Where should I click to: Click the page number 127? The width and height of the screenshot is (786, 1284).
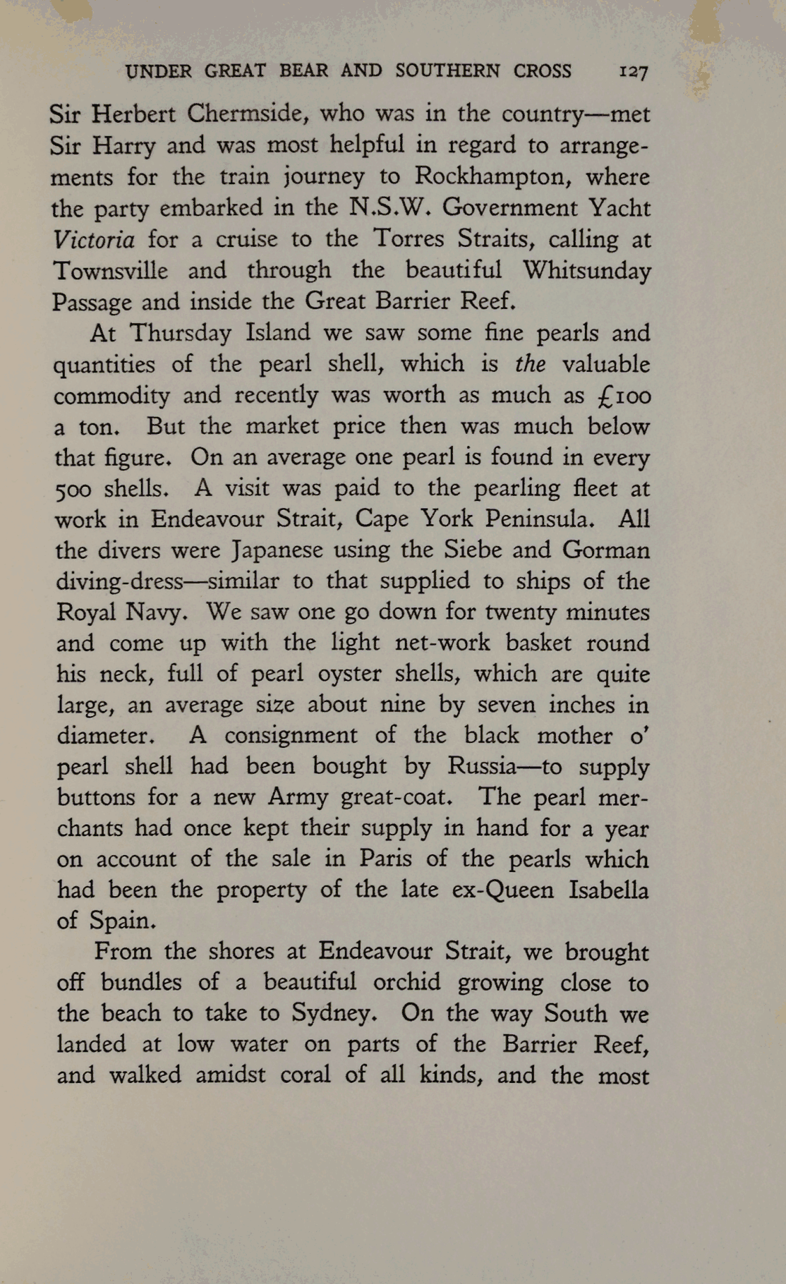633,72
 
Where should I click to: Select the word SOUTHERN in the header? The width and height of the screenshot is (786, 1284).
447,71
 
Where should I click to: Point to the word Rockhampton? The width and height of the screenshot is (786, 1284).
492,176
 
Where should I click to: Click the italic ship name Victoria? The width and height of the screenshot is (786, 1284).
93,240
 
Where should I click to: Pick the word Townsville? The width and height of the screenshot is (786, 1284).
111,271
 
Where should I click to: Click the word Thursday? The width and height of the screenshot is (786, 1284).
181,333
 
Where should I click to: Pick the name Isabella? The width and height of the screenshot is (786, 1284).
608,890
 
